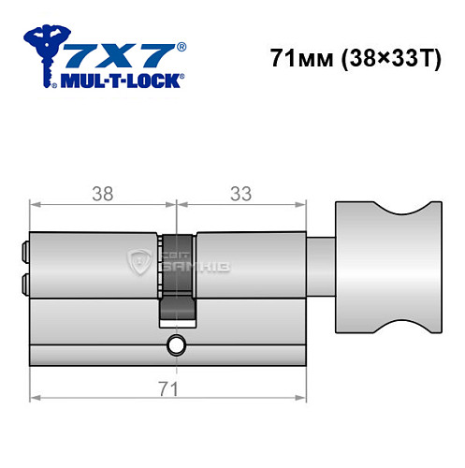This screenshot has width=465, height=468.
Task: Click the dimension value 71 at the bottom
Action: (x=168, y=387)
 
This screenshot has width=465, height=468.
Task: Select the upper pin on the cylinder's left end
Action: (x=23, y=251)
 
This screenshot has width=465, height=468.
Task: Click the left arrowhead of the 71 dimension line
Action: (x=35, y=398)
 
